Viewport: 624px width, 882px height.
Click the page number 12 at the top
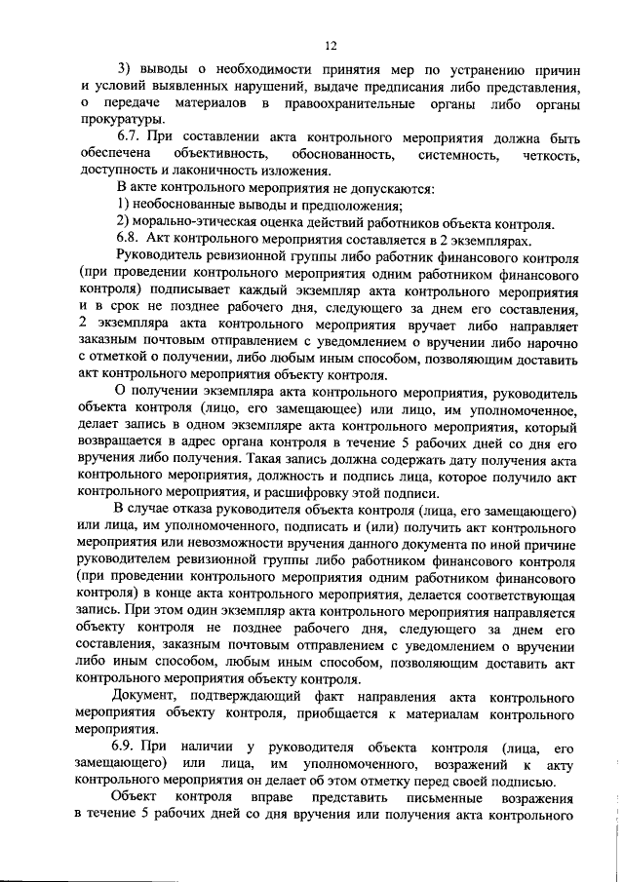click(331, 45)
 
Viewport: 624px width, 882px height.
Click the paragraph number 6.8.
click(130, 239)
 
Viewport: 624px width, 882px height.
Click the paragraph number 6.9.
click(130, 748)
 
